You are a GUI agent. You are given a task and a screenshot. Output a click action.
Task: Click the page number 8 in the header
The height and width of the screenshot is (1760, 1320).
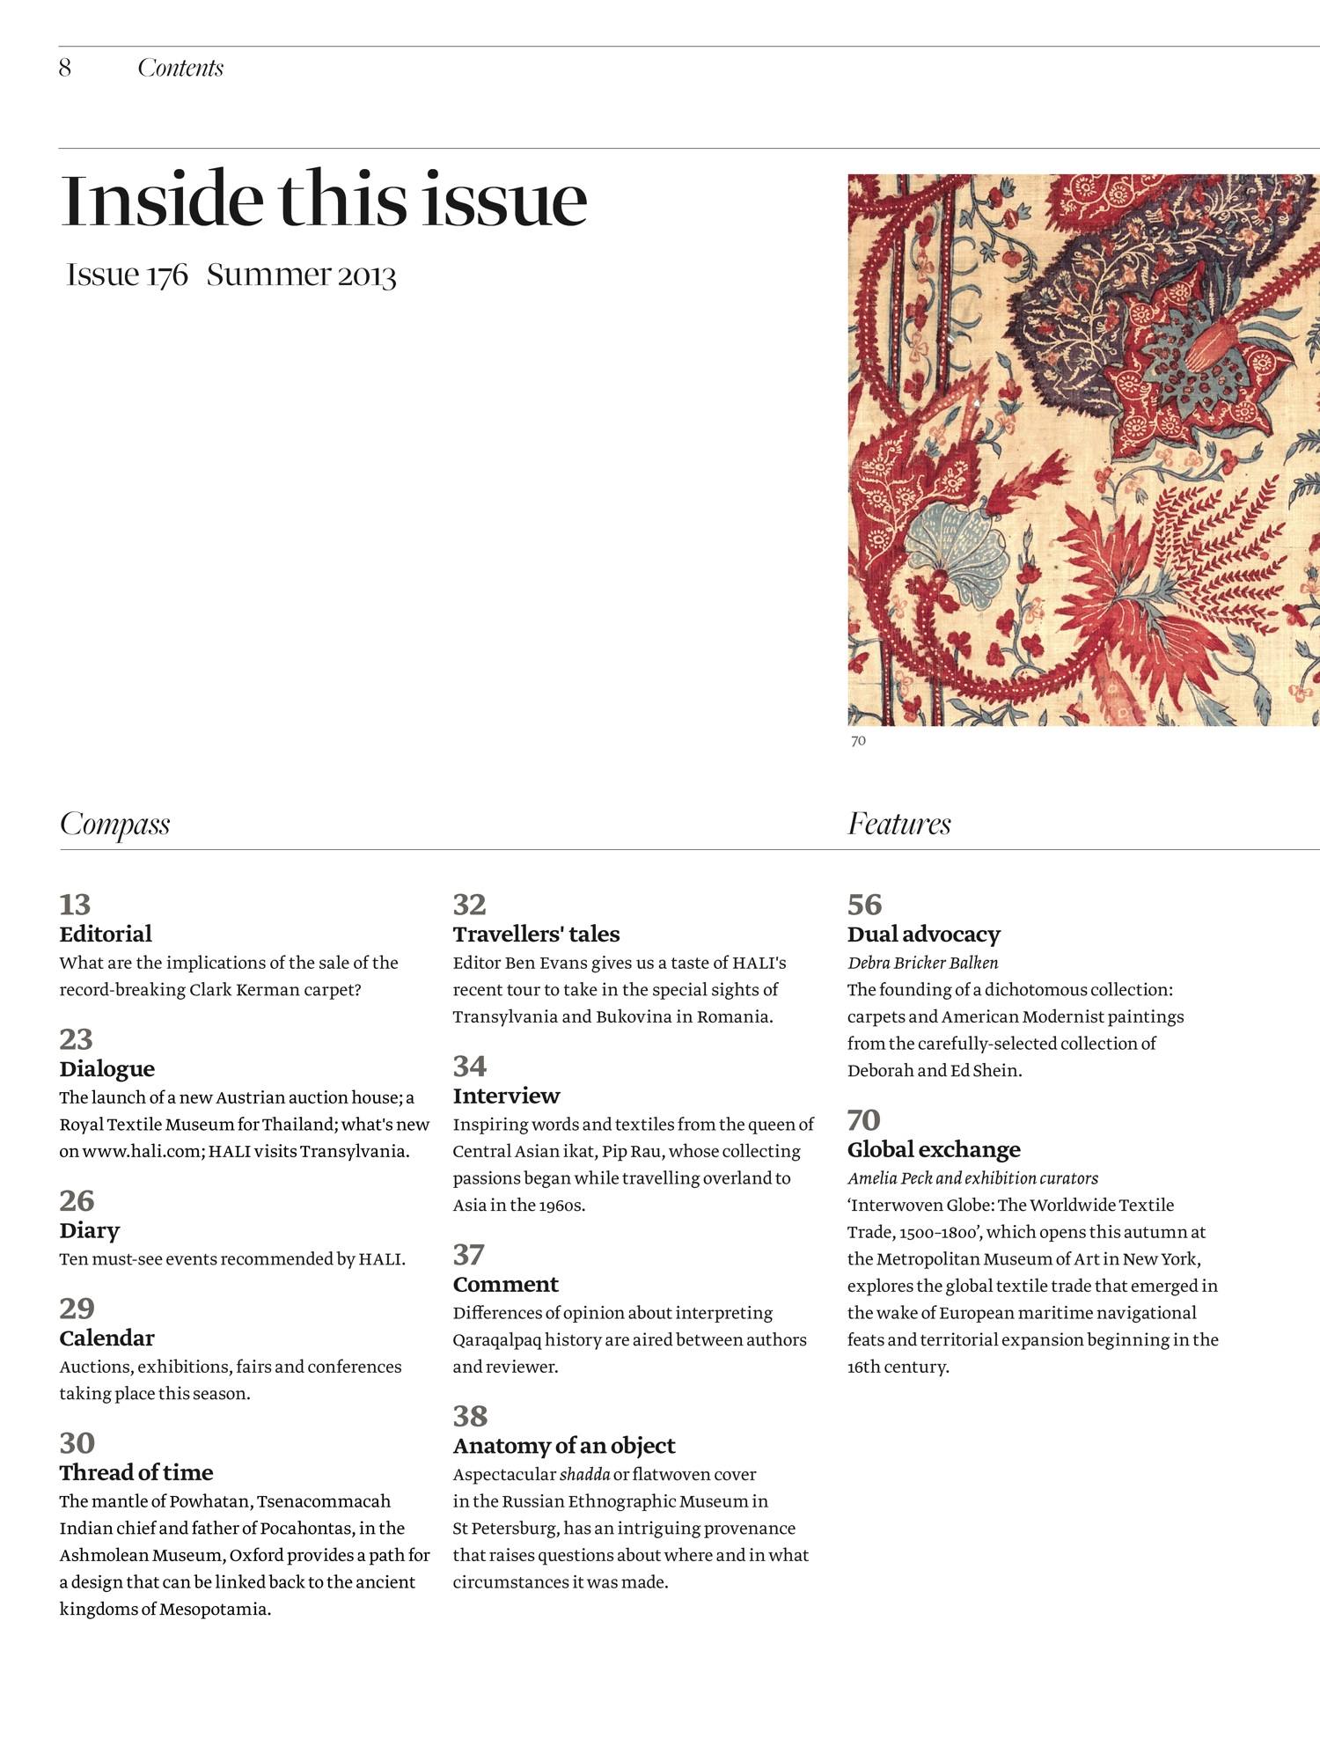pos(65,68)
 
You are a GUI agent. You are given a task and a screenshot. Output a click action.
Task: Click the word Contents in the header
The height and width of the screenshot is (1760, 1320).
pos(180,68)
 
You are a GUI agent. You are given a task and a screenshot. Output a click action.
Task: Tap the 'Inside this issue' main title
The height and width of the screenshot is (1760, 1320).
pos(323,200)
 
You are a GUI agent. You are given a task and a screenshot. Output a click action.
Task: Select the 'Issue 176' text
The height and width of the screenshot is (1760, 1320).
pos(127,275)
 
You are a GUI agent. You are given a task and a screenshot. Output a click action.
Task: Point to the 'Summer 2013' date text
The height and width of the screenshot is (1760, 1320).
pos(301,275)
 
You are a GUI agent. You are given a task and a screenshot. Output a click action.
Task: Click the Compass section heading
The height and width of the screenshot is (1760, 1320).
pos(114,824)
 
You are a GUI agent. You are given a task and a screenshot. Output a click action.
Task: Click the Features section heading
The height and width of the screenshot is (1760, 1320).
pos(898,824)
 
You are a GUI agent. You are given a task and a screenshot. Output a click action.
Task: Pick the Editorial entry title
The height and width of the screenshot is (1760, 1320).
pos(106,934)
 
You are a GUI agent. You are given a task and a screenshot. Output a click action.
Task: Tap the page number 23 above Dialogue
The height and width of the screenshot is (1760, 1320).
pos(76,1039)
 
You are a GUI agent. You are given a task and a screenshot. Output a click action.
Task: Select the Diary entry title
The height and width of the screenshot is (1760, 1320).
pos(90,1230)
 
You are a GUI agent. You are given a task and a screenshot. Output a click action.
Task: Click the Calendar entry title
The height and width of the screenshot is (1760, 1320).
pos(106,1338)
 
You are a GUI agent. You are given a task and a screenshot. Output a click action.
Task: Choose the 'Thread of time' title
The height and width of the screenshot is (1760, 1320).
pos(136,1472)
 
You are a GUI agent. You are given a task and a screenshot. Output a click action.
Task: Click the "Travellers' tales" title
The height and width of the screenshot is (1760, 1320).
pos(536,934)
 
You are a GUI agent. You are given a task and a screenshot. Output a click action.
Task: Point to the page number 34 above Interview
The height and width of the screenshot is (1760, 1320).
pos(469,1067)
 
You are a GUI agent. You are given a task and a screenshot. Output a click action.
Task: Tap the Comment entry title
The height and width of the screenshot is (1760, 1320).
pos(506,1284)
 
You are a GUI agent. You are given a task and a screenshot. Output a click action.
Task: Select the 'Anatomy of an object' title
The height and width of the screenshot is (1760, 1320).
pos(564,1446)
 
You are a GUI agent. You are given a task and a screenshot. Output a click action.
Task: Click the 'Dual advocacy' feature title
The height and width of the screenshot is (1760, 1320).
pos(923,934)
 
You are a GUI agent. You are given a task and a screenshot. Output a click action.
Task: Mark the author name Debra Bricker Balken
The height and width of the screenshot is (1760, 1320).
pos(922,963)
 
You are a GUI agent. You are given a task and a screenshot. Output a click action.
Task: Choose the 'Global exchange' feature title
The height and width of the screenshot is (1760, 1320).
pos(934,1149)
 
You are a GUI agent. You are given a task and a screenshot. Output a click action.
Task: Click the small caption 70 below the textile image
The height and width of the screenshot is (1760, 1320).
pos(858,741)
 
